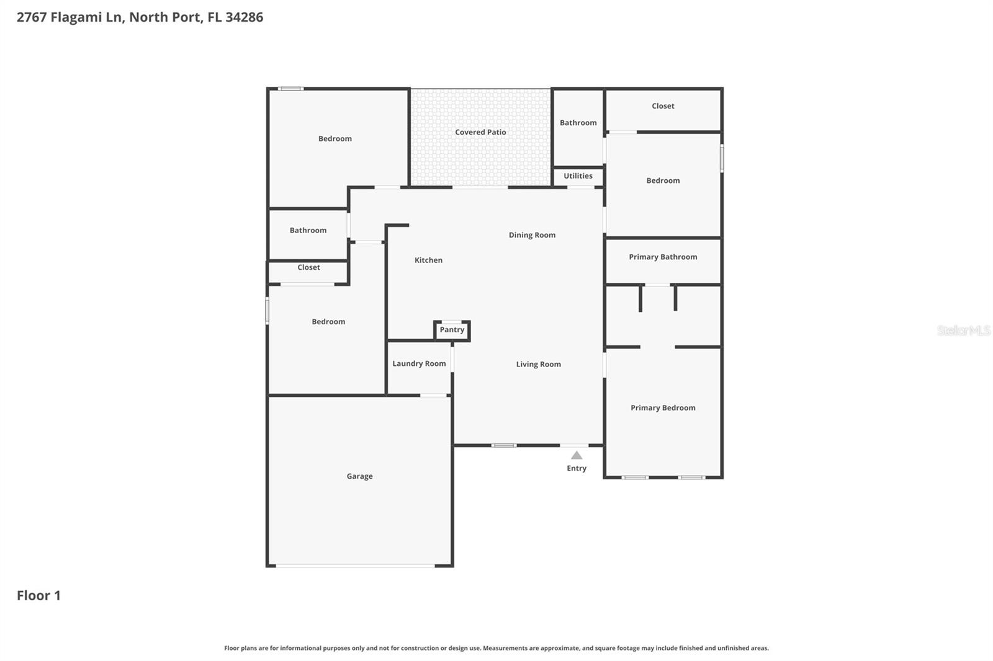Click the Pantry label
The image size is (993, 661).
pyautogui.click(x=452, y=330)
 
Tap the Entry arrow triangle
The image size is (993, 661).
pyautogui.click(x=577, y=456)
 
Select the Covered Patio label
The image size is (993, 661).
pyautogui.click(x=480, y=132)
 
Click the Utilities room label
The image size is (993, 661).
pyautogui.click(x=578, y=176)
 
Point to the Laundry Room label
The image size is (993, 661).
pyautogui.click(x=419, y=364)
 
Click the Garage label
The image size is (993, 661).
pyautogui.click(x=359, y=476)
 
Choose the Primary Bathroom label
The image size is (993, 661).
pyautogui.click(x=663, y=257)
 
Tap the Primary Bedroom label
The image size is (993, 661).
pyautogui.click(x=663, y=408)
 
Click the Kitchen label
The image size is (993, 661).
pyautogui.click(x=428, y=260)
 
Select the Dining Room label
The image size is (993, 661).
pyautogui.click(x=532, y=235)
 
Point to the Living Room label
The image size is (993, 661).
pyautogui.click(x=538, y=365)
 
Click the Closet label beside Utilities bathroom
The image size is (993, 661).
pyautogui.click(x=663, y=106)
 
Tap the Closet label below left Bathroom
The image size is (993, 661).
pyautogui.click(x=308, y=268)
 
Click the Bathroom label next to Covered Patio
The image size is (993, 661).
pyautogui.click(x=578, y=123)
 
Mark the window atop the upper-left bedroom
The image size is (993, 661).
pyautogui.click(x=290, y=89)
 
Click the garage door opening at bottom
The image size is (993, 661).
pyautogui.click(x=356, y=566)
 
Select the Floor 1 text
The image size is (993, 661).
pyautogui.click(x=38, y=595)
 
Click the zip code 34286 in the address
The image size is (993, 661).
pyautogui.click(x=244, y=17)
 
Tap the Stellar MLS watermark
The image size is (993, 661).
pyautogui.click(x=963, y=331)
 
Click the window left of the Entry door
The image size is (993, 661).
pyautogui.click(x=504, y=445)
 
